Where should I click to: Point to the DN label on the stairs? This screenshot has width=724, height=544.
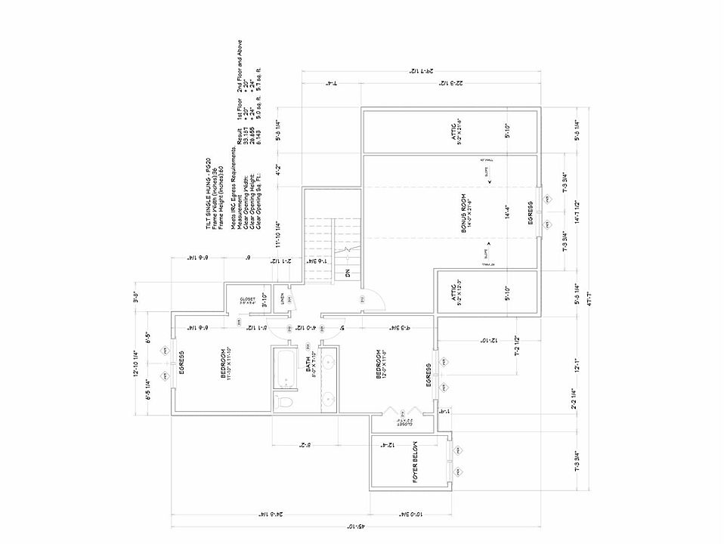coord(348,274)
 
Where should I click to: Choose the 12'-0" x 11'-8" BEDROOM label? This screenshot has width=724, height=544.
coord(382,363)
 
